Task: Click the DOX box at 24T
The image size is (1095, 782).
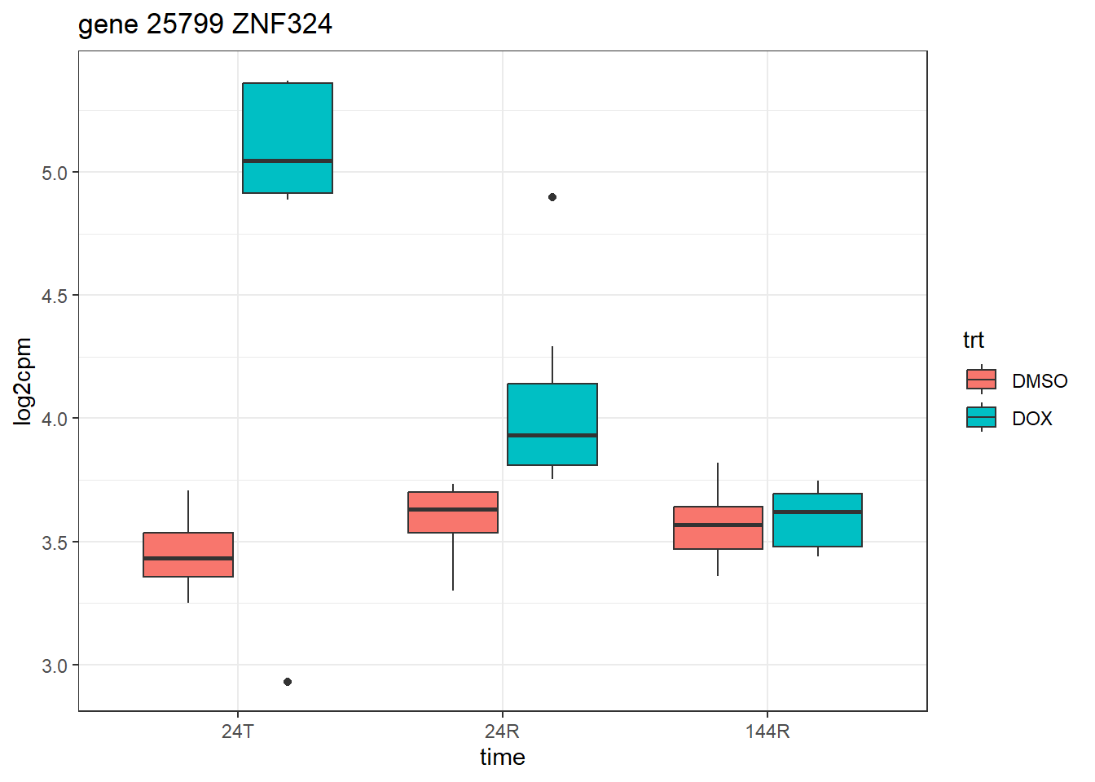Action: tap(288, 138)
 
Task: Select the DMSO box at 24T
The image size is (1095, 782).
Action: tap(188, 555)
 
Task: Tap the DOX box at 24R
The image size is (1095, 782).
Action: tap(552, 424)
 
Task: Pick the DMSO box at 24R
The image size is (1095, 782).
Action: tap(453, 512)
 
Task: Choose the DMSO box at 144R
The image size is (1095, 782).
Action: tap(718, 528)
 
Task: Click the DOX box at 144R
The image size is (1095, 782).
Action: tap(817, 520)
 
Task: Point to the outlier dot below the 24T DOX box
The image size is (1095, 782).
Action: tap(288, 682)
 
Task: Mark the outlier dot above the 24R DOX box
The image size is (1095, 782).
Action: tap(552, 197)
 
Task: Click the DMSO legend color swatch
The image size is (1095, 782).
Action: tap(981, 380)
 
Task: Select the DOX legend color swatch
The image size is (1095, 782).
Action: tap(981, 417)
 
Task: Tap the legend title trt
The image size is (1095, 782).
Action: tap(973, 340)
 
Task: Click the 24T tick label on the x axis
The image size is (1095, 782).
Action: tap(237, 731)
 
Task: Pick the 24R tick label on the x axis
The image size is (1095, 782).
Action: tap(502, 731)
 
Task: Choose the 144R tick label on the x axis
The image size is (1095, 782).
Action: tap(767, 731)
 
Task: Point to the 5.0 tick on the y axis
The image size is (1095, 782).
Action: tap(55, 173)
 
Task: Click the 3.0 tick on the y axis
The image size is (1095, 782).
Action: tap(55, 666)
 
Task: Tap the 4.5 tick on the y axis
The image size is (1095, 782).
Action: tap(55, 296)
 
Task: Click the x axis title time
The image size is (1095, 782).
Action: tap(502, 758)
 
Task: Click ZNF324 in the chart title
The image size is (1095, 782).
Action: tap(282, 24)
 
